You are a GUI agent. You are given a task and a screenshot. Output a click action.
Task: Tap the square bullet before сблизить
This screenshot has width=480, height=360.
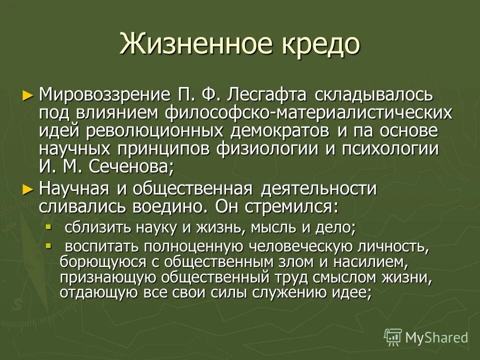click(48, 227)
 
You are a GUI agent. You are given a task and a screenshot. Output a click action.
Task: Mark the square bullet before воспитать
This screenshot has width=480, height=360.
click(48, 245)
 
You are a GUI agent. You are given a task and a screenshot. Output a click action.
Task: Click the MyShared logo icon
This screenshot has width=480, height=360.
click(393, 337)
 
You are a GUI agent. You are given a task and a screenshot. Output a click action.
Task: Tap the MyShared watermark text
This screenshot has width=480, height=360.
click(436, 337)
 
